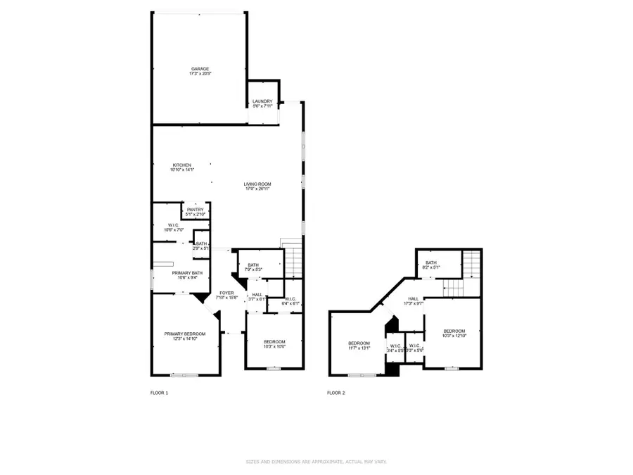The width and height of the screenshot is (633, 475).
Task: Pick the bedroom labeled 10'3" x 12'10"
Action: (x=454, y=333)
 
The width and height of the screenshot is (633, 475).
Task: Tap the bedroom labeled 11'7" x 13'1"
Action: (x=359, y=345)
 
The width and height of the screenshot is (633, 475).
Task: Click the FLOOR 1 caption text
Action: (x=160, y=393)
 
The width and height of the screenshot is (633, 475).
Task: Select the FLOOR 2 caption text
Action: (x=336, y=393)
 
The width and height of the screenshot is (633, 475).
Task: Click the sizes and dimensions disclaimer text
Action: (x=316, y=462)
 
